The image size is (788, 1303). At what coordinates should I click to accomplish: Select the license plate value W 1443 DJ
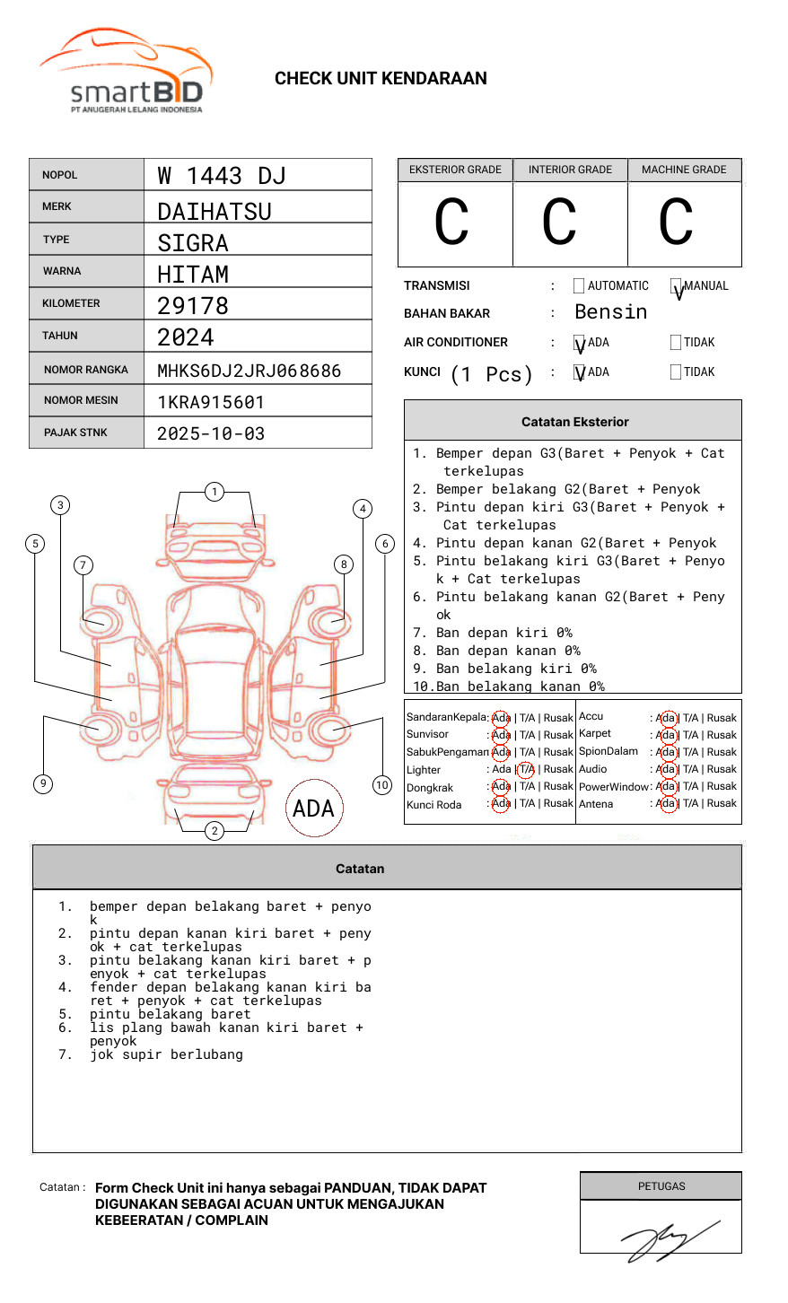221,175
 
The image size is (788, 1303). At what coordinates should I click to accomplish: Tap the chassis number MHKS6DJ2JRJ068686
249,371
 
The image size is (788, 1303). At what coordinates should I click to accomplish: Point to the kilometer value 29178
193,306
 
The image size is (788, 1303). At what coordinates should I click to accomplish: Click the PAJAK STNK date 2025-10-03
211,433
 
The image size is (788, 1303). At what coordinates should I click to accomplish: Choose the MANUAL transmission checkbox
676,286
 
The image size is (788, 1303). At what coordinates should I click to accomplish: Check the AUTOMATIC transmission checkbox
578,286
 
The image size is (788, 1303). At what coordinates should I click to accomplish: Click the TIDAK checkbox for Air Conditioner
676,342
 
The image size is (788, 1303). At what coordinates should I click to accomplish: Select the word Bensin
610,312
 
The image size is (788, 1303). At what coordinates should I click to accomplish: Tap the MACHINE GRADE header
684,170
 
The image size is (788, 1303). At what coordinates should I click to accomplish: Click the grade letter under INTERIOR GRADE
559,223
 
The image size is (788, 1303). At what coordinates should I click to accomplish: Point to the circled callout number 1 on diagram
214,491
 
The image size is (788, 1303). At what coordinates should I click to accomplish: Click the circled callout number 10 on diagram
382,784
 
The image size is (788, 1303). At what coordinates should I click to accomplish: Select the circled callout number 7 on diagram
83,564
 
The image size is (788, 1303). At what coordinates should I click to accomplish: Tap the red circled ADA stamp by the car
313,809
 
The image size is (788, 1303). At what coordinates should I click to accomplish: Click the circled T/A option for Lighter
526,769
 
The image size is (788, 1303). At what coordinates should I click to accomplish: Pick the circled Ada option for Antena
666,803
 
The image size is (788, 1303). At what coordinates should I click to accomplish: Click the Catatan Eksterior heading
574,422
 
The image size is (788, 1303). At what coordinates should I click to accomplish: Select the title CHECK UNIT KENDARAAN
381,78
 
